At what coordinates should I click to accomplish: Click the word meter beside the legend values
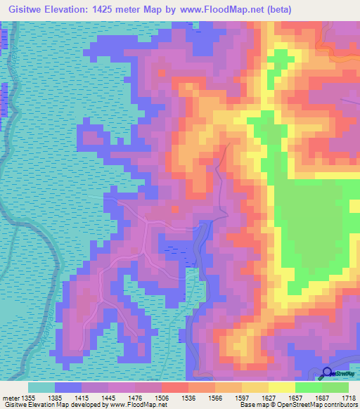click(x=11, y=398)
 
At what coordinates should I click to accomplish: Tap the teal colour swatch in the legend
click(x=41, y=387)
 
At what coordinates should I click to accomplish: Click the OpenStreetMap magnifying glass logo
click(x=327, y=375)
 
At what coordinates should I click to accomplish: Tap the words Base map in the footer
click(x=251, y=405)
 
